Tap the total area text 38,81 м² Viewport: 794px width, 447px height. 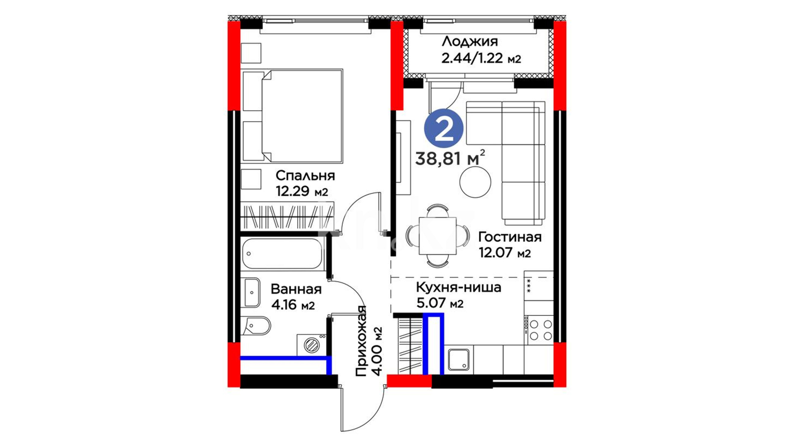(x=450, y=158)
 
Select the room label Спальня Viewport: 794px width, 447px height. (x=305, y=175)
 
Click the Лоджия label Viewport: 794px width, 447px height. (x=470, y=41)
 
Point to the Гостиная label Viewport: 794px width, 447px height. (x=510, y=237)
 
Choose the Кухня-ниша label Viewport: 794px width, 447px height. (x=459, y=287)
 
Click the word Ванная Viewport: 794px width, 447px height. (x=296, y=289)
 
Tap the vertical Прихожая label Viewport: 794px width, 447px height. (x=361, y=341)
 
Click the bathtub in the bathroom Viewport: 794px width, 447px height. (x=282, y=254)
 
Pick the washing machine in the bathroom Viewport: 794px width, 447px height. (x=311, y=345)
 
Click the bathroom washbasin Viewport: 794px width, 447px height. (x=251, y=293)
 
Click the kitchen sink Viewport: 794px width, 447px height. (x=459, y=360)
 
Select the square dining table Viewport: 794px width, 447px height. (x=438, y=236)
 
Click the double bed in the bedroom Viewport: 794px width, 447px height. (x=293, y=115)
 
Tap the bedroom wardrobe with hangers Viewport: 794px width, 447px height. (x=287, y=216)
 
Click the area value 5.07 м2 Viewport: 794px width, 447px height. (x=440, y=303)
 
